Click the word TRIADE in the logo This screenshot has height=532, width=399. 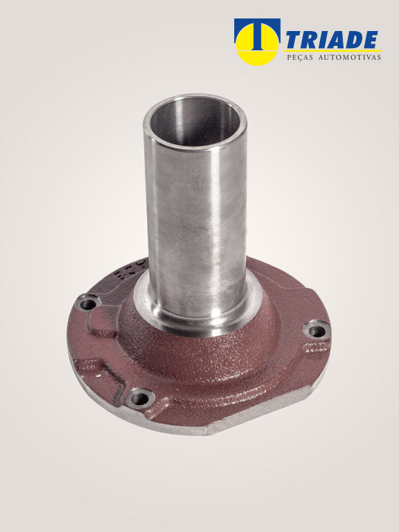click(332, 40)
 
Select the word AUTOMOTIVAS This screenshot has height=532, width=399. click(349, 58)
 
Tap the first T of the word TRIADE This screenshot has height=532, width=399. click(294, 40)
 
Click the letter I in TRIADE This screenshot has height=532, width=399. click(320, 40)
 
